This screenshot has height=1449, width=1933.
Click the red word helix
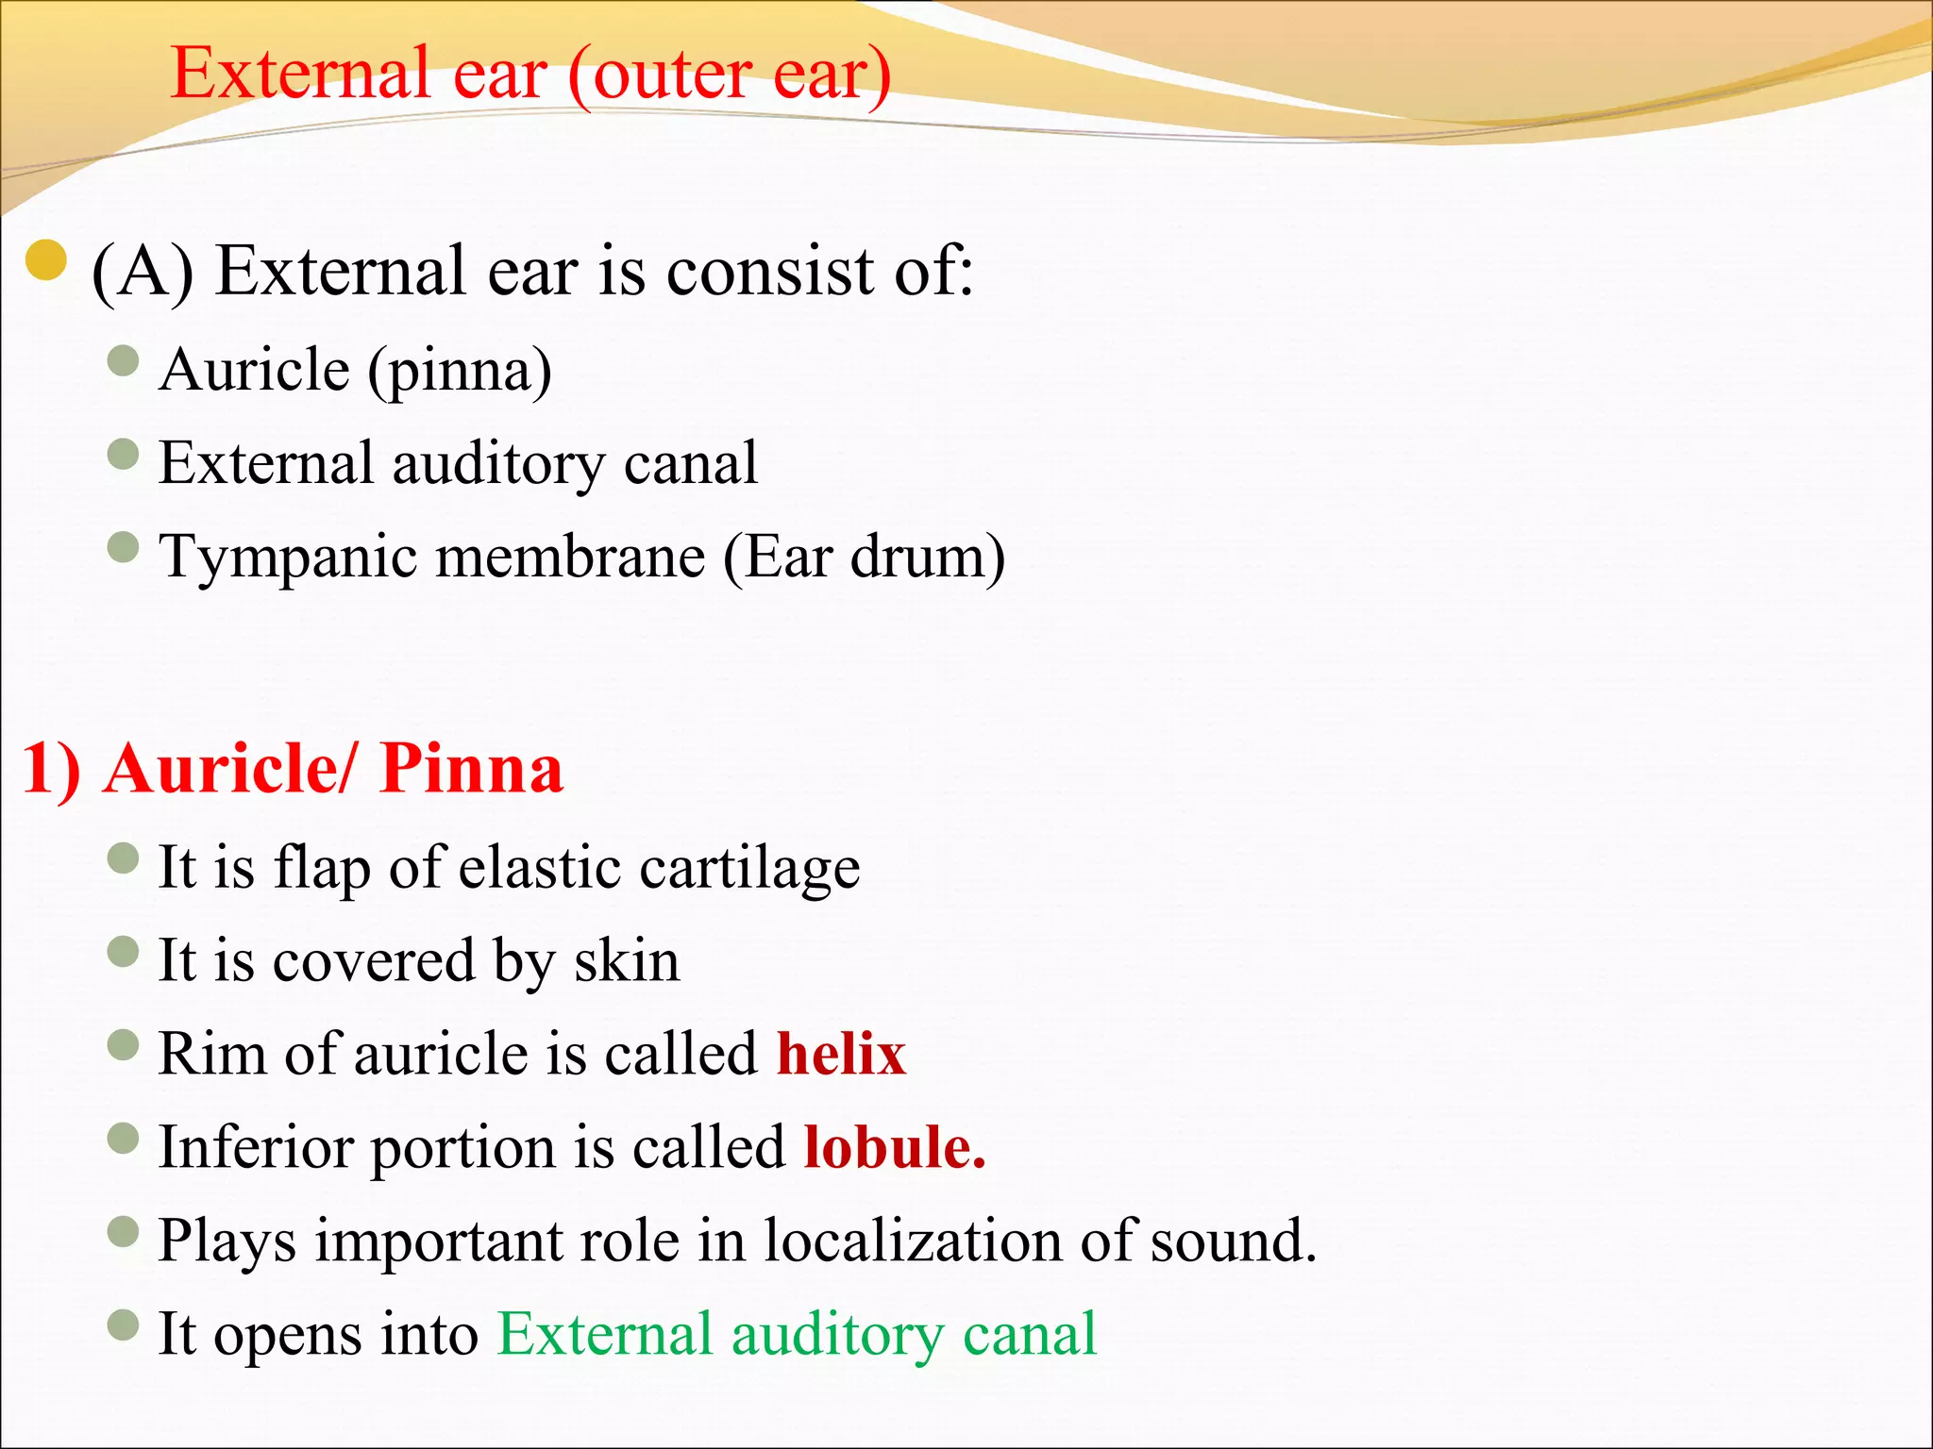[x=841, y=1054]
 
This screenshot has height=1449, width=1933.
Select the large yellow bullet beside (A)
[x=46, y=262]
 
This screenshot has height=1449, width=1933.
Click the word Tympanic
[x=288, y=558]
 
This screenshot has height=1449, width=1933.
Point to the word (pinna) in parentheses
[x=460, y=371]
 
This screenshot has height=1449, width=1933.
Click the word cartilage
[x=749, y=868]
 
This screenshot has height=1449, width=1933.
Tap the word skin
[x=628, y=961]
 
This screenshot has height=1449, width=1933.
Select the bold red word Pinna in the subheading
[x=471, y=769]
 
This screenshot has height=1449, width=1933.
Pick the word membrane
[x=570, y=557]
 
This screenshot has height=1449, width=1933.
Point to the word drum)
[x=927, y=557]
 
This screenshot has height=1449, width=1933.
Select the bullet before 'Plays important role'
[x=124, y=1231]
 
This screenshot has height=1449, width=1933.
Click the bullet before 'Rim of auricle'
[x=124, y=1044]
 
